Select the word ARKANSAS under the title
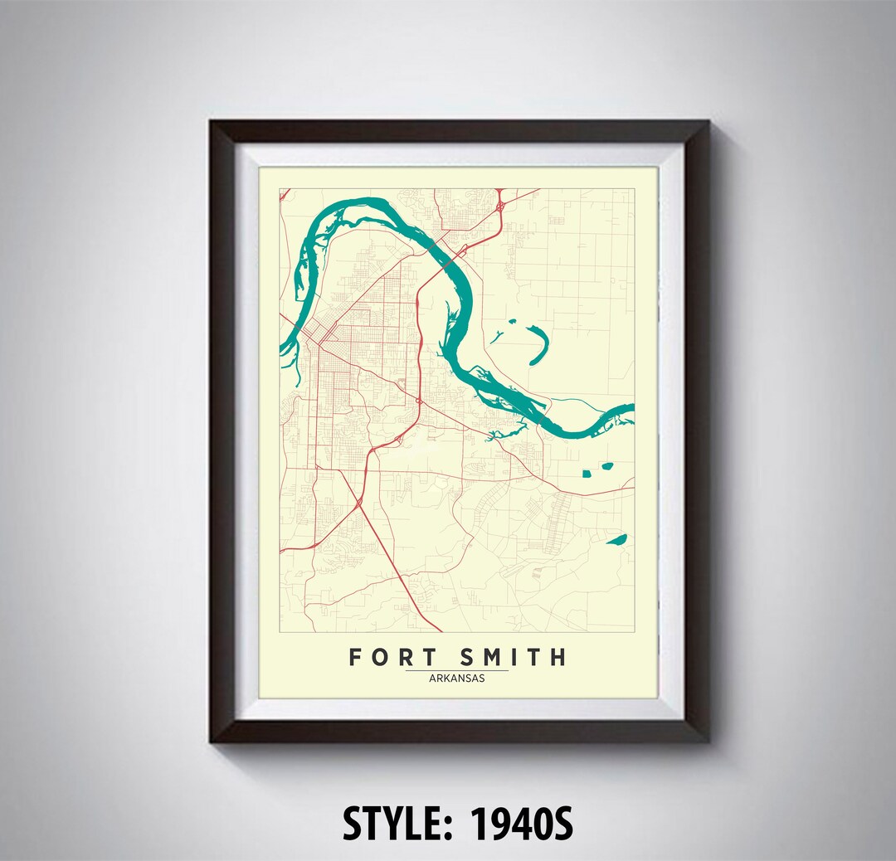point(457,678)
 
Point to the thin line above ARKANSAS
point(457,670)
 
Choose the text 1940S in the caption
point(521,824)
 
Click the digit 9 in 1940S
point(497,824)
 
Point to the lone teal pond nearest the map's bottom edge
point(616,540)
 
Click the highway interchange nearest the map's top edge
point(500,203)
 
